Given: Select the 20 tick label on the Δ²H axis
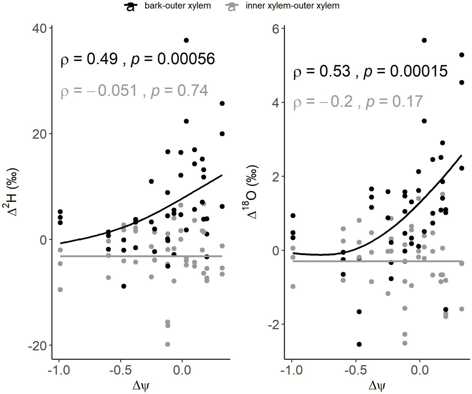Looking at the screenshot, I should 39,134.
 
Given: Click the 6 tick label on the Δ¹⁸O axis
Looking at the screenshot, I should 276,28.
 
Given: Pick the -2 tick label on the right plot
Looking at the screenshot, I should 274,324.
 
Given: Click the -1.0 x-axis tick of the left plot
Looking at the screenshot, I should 59,370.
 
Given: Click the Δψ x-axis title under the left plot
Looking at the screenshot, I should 141,386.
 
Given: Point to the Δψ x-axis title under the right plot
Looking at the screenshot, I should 377,386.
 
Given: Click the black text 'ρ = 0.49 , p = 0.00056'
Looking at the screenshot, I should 138,59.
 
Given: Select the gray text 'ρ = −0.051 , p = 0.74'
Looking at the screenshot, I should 135,91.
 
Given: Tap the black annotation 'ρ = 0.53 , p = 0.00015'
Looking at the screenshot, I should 370,71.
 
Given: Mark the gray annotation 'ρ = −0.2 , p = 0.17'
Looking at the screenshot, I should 358,102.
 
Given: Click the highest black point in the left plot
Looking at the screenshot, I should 186,40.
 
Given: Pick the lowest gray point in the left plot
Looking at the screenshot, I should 167,344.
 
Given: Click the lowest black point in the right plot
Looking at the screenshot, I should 359,344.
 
